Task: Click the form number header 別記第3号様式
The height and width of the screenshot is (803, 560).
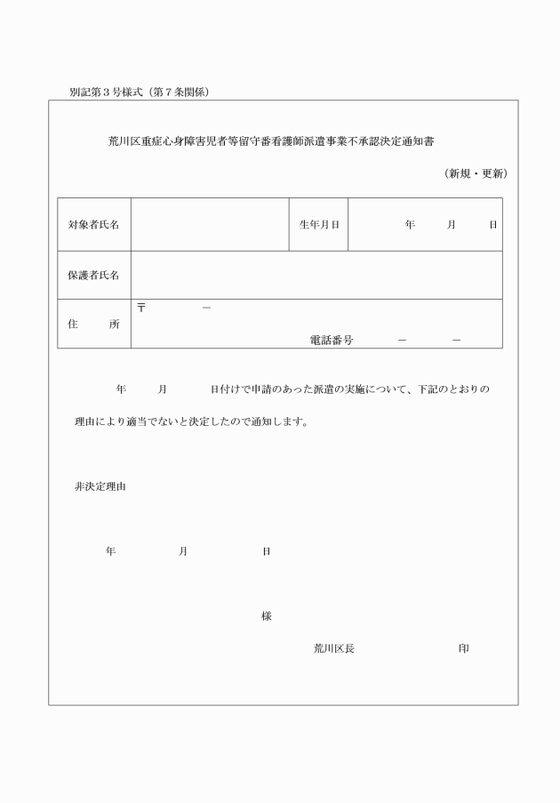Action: (106, 92)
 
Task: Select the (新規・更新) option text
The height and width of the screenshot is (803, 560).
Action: (476, 173)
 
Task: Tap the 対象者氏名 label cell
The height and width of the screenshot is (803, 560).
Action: (94, 225)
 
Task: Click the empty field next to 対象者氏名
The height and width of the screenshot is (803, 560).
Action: (210, 225)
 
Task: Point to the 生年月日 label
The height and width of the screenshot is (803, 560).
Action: (319, 225)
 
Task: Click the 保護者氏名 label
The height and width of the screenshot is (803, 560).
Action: (94, 275)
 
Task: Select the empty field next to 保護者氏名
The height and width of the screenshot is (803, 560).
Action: (316, 275)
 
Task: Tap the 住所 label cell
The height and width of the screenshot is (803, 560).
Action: (94, 324)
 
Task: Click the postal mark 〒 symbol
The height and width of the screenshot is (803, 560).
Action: (140, 308)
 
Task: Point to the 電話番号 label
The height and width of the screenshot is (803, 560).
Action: (332, 340)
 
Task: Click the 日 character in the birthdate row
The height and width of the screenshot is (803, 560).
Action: (492, 225)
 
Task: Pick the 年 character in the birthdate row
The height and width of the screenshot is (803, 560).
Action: (410, 225)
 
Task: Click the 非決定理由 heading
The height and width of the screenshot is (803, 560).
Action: (100, 486)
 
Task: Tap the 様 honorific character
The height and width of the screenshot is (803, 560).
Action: (266, 616)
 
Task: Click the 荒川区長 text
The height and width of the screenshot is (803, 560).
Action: (333, 648)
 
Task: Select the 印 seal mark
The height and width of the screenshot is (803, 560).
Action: (463, 648)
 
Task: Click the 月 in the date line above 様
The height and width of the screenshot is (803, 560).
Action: (182, 551)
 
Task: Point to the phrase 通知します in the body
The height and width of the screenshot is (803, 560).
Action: (281, 422)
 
